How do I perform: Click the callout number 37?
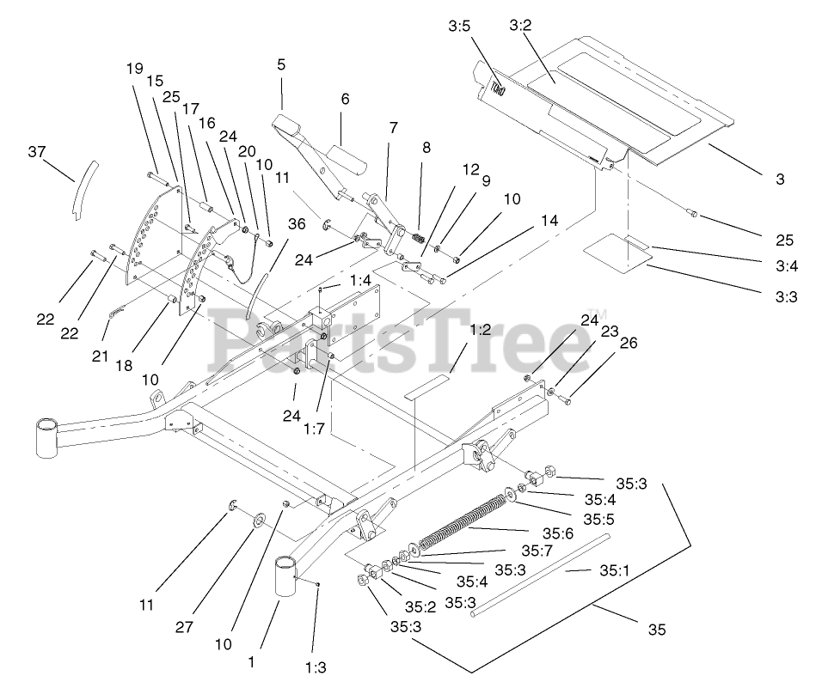(36, 152)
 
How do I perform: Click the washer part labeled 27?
(259, 522)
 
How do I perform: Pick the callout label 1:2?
(480, 330)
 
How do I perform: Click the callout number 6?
(345, 100)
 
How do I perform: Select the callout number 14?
(549, 221)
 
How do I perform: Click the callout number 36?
(297, 224)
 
